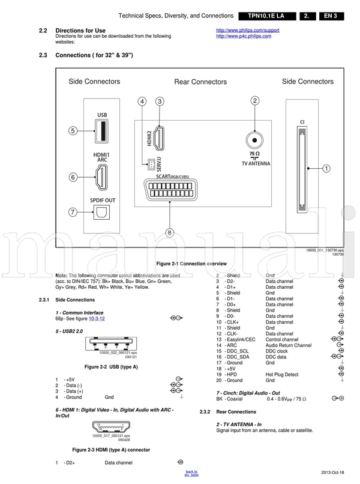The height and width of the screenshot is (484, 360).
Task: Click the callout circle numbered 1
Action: point(326,169)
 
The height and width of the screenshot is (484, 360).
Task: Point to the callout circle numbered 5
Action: point(73,130)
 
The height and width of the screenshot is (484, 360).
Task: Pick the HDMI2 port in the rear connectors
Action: point(160,139)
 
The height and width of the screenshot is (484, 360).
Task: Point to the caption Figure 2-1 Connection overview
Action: point(191,264)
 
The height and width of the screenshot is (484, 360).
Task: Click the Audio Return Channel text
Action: point(289,345)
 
